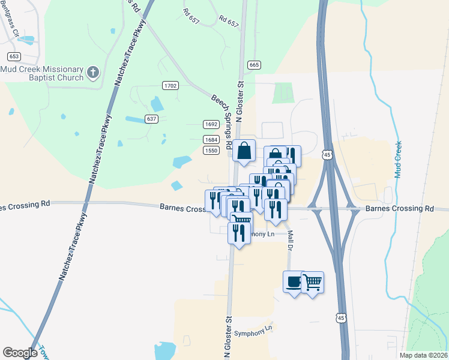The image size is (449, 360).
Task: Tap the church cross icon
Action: pyautogui.click(x=92, y=73)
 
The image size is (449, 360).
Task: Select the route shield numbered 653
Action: pyautogui.click(x=14, y=56)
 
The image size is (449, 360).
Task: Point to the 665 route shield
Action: pyautogui.click(x=253, y=65)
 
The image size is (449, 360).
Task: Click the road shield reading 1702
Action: pyautogui.click(x=170, y=86)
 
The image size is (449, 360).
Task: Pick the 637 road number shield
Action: pyautogui.click(x=151, y=119)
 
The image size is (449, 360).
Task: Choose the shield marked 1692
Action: pyautogui.click(x=211, y=124)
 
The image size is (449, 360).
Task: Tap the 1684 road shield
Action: pyautogui.click(x=211, y=139)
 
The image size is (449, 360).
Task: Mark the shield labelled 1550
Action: pyautogui.click(x=211, y=151)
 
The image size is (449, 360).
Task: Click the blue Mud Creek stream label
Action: pyautogui.click(x=397, y=159)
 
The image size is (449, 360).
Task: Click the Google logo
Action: pyautogui.click(x=20, y=352)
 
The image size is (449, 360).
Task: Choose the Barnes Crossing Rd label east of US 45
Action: pyautogui.click(x=399, y=209)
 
